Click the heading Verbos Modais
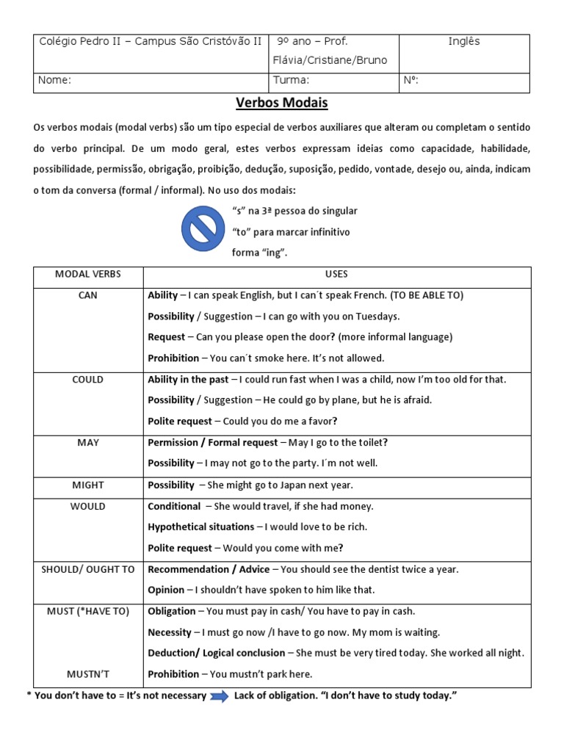[281, 103]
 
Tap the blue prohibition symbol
[203, 230]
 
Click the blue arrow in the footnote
[220, 696]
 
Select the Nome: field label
[54, 81]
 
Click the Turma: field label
[291, 81]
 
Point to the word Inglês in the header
[463, 42]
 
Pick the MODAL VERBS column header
[88, 275]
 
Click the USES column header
[336, 275]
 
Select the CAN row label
[88, 295]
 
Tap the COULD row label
[88, 380]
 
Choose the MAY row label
[88, 443]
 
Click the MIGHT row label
[88, 485]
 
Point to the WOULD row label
[88, 507]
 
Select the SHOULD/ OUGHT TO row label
[88, 570]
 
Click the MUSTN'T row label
[88, 674]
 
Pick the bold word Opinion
[166, 590]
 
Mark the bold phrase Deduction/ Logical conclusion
[216, 654]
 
